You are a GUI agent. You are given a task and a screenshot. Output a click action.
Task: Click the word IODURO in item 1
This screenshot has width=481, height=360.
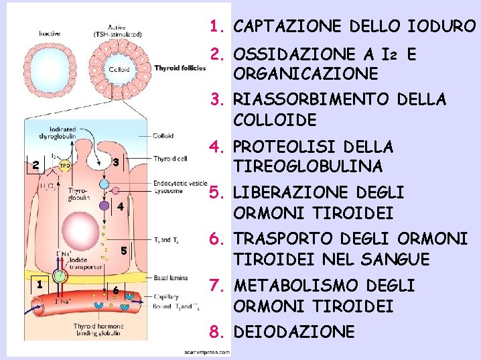point(440,27)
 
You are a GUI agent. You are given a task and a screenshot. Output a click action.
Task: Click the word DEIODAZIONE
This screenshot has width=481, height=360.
point(293,332)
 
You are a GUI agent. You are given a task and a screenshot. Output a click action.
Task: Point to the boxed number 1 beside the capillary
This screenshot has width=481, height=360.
point(41,284)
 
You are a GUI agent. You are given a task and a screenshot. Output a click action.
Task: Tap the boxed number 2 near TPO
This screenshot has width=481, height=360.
point(37,166)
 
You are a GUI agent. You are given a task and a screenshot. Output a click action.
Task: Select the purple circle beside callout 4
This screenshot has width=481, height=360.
point(105,207)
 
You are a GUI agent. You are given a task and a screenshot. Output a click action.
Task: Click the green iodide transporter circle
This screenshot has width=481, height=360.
point(61,276)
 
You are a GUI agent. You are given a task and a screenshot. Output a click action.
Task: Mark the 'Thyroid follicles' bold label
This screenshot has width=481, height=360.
point(182,68)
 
